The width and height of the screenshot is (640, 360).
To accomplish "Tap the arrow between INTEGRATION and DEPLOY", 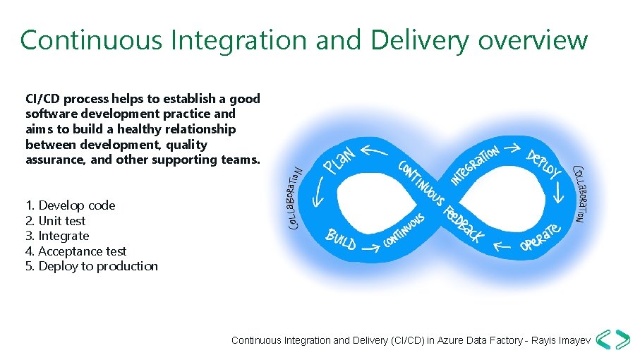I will [x=514, y=146].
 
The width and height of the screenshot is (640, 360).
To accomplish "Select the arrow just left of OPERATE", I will [x=502, y=246].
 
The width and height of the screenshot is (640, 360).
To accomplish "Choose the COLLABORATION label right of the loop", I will [x=579, y=193].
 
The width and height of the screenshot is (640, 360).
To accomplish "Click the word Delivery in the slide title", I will [x=421, y=40].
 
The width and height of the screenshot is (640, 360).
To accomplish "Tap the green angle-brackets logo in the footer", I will [x=612, y=340].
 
